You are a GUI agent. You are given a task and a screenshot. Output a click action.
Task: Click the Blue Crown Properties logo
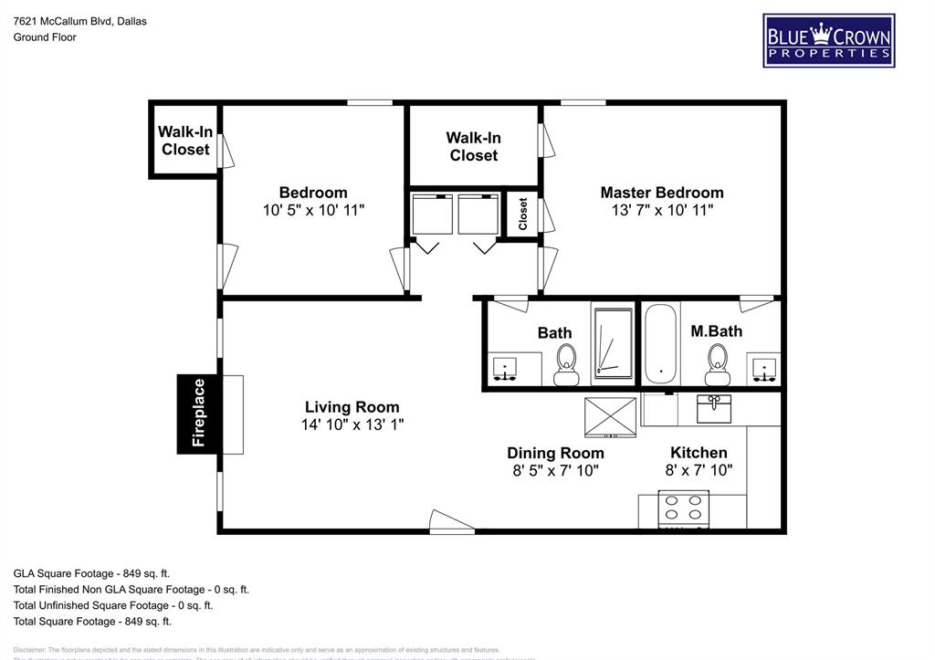click(x=828, y=41)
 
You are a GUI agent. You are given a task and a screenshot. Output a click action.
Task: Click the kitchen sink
click(x=714, y=408)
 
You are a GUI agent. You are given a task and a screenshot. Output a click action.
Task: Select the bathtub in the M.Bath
click(x=660, y=344)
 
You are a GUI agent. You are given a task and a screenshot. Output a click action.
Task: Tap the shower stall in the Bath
click(x=613, y=343)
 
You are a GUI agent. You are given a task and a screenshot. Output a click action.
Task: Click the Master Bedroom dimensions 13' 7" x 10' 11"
click(x=662, y=210)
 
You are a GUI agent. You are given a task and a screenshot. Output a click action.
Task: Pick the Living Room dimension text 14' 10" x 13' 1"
click(x=352, y=424)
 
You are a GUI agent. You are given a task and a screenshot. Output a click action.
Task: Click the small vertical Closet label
click(x=523, y=215)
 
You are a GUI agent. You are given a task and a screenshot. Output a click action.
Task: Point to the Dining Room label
click(x=555, y=453)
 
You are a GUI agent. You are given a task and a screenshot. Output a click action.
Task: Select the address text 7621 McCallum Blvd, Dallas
click(x=79, y=21)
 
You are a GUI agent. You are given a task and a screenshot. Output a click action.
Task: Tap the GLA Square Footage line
click(x=91, y=573)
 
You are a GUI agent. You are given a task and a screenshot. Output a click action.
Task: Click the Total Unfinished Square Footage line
click(x=113, y=605)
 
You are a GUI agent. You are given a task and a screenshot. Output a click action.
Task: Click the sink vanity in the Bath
click(x=504, y=369)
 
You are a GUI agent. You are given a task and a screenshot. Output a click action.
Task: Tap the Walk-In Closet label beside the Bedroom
click(x=185, y=141)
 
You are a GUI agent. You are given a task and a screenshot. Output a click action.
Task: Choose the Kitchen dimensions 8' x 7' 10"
click(x=699, y=471)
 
